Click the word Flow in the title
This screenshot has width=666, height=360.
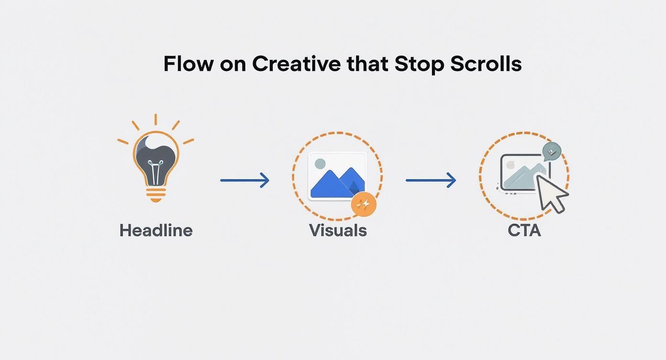[x=187, y=64]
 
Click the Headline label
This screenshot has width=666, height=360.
[x=156, y=230]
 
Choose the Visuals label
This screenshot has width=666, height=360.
[x=338, y=230]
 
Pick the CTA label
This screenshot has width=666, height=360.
[x=524, y=230]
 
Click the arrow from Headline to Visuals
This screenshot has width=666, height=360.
[x=244, y=180]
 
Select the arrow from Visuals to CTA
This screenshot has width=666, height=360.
[x=431, y=180]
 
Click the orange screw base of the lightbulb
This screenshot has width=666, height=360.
[x=155, y=193]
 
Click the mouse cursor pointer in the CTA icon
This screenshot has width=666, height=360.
[x=550, y=192]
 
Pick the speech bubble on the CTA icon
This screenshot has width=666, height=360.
[x=552, y=151]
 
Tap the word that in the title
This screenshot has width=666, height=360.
[x=367, y=64]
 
